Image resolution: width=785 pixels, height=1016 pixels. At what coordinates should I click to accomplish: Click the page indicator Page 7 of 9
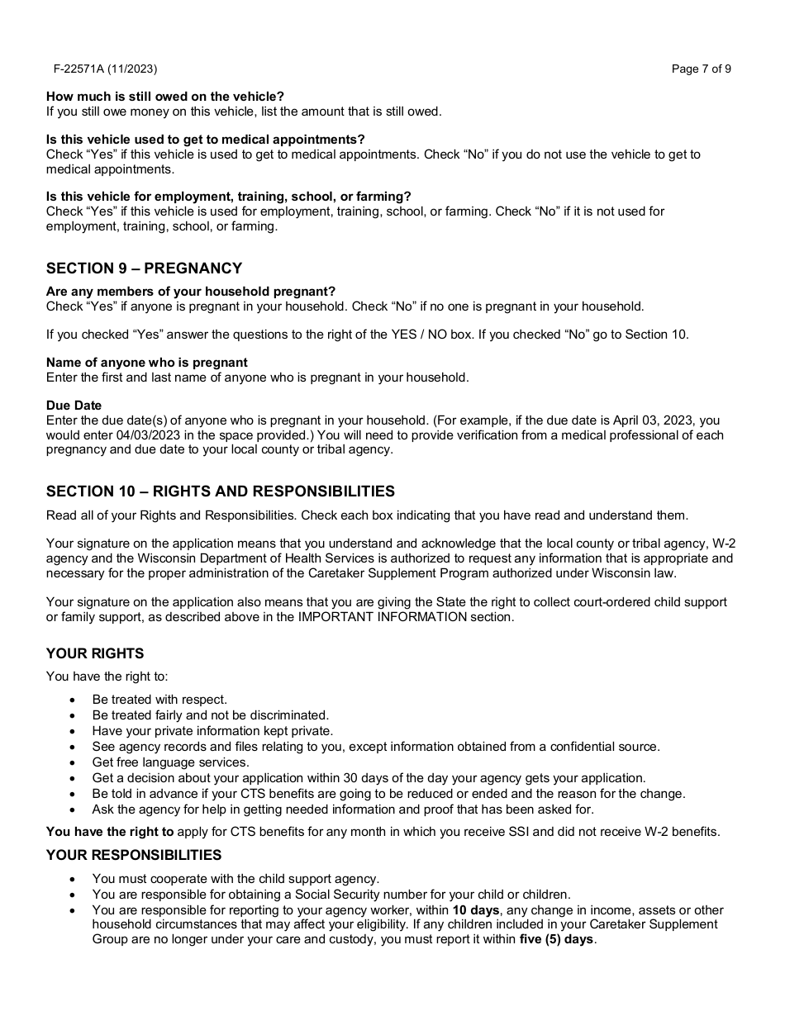[x=701, y=69]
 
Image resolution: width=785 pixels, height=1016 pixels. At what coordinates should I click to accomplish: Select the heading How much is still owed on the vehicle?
[x=165, y=97]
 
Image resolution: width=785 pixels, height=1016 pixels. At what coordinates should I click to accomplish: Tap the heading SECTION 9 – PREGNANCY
[x=144, y=268]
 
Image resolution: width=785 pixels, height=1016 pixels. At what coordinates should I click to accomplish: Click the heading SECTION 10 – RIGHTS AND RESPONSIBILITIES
[x=221, y=491]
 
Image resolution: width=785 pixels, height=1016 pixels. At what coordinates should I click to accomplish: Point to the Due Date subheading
[x=74, y=406]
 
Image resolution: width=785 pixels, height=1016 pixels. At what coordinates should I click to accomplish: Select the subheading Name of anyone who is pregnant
[x=147, y=363]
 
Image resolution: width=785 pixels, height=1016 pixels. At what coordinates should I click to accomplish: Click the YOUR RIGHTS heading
[x=95, y=653]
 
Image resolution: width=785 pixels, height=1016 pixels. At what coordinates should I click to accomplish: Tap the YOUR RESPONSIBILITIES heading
[x=134, y=855]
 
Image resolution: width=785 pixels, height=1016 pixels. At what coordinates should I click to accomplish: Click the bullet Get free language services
[x=170, y=762]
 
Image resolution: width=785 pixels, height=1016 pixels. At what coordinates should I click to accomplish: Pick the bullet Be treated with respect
[x=159, y=700]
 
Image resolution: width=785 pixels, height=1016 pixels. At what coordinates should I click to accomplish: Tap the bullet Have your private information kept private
[x=212, y=731]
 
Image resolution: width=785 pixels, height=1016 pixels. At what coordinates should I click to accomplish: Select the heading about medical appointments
[x=206, y=140]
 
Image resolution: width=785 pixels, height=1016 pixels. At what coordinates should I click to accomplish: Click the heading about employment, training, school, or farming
[x=229, y=197]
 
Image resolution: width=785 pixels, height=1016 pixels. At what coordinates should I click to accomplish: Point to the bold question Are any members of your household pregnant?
[x=191, y=292]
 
